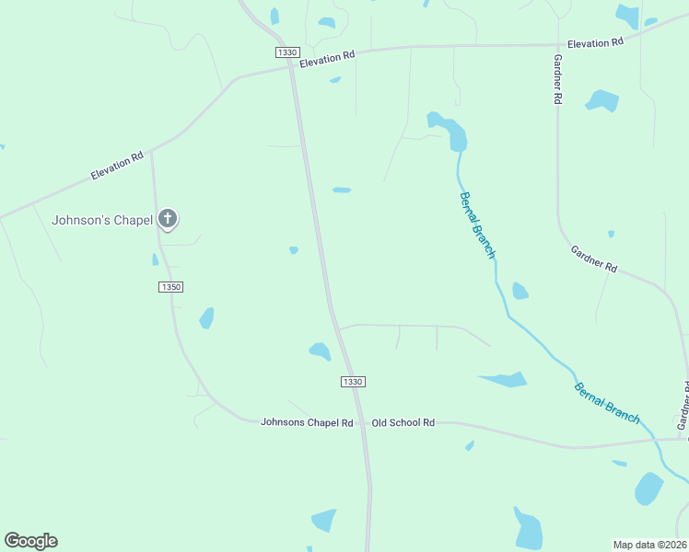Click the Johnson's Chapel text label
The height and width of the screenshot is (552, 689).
coord(101,220)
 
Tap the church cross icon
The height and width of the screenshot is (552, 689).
coord(167,219)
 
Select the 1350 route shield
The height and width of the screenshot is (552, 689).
coord(170,287)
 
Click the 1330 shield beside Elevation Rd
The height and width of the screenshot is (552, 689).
coord(286,52)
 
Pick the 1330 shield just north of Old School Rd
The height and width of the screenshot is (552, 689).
coord(353,382)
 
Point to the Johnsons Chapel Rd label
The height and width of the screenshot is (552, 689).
coord(307,422)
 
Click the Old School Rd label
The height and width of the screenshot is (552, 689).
coord(403,422)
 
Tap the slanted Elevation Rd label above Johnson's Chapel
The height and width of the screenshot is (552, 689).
coord(117,167)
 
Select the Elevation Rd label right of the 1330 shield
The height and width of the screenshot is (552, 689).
coord(328,56)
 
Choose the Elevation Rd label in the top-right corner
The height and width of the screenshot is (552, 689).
coord(595,43)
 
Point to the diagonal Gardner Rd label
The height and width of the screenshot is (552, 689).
coord(593,259)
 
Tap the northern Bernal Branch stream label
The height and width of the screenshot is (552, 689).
coord(477,224)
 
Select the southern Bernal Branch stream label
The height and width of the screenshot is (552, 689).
coord(607,402)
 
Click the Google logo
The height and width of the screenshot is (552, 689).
coord(30,541)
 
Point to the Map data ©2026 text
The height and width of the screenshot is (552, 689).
coord(649,545)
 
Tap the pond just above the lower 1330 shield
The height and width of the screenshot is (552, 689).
coord(320,351)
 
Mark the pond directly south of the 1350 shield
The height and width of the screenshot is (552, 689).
coord(206,318)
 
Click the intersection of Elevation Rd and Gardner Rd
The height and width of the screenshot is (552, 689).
coord(557,45)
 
